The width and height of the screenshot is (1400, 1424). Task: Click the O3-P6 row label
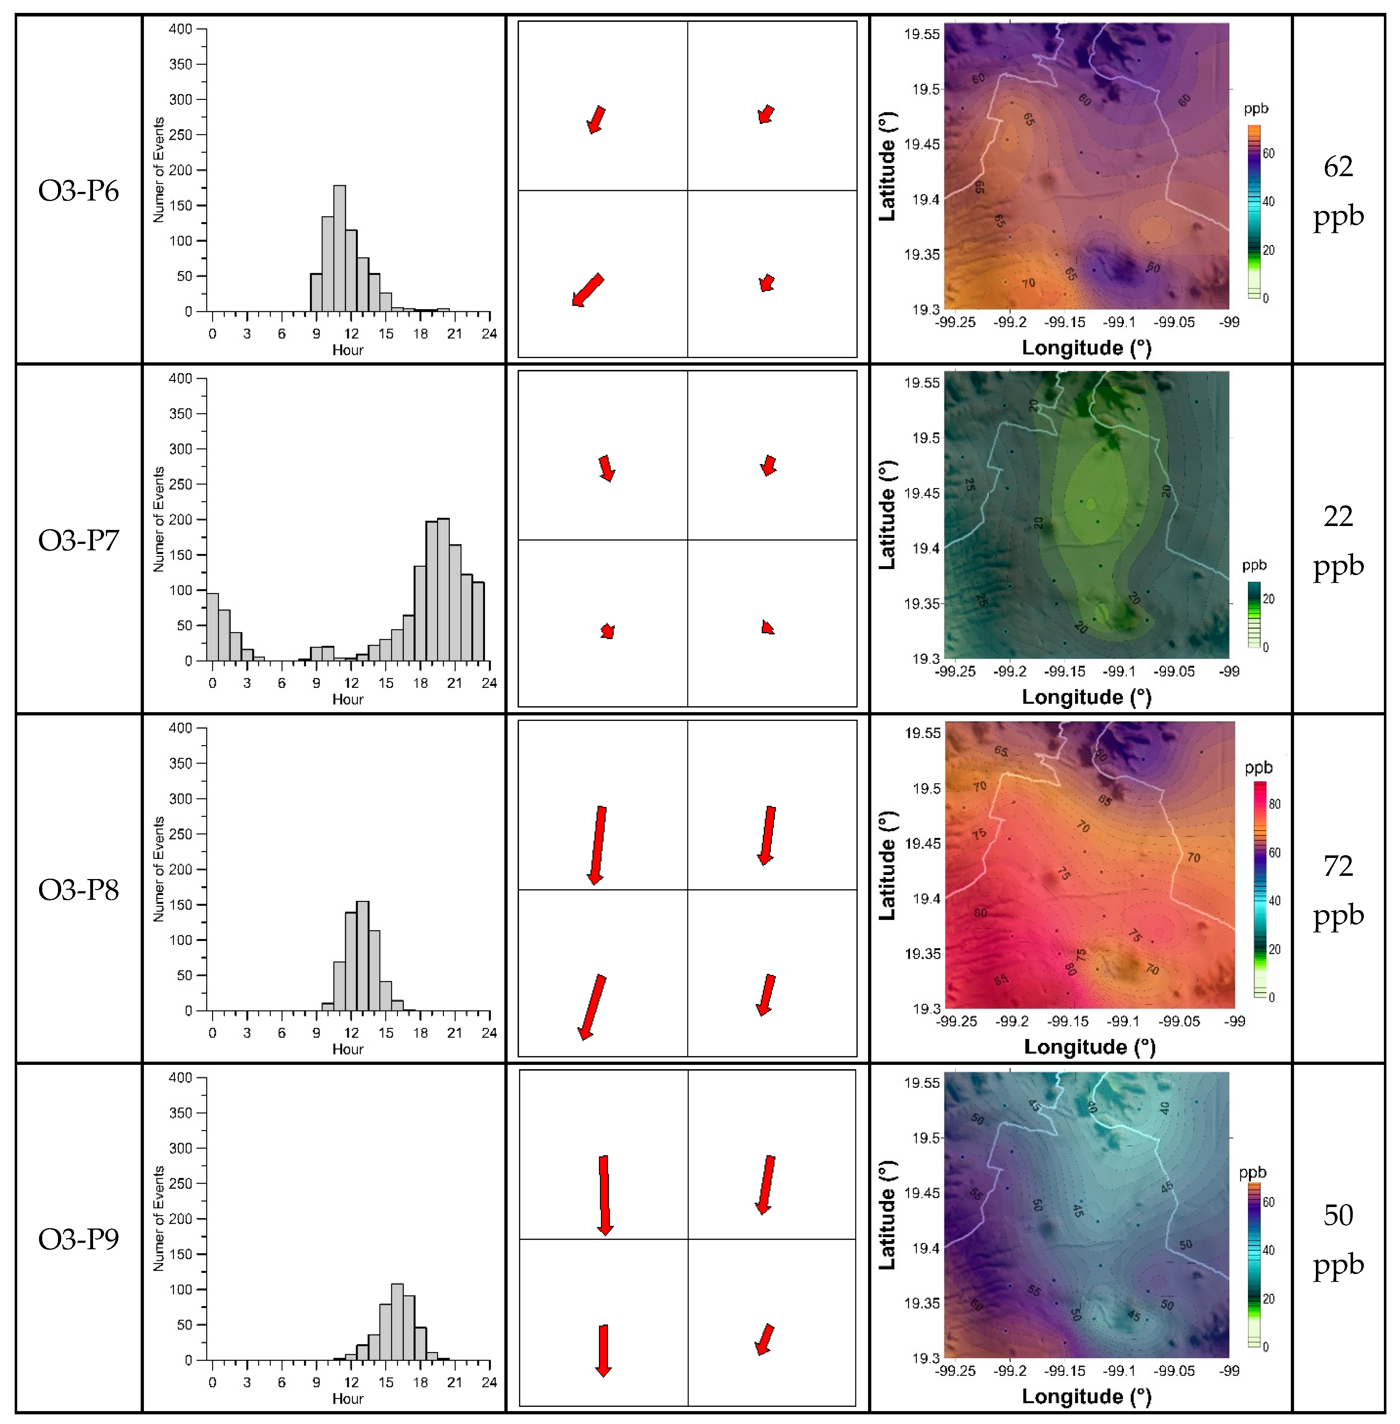pos(78,190)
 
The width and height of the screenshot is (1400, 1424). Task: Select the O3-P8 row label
pos(78,890)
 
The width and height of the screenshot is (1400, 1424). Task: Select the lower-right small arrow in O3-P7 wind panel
pos(767,627)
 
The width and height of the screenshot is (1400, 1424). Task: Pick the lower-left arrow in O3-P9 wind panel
pos(603,1350)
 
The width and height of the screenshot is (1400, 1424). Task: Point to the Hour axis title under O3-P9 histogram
pos(348,1398)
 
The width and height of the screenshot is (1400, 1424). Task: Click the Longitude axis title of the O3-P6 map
pos(1086,348)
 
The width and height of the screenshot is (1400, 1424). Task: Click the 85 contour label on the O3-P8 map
pos(1001,980)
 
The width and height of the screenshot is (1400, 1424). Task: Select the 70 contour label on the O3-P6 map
pos(1028,283)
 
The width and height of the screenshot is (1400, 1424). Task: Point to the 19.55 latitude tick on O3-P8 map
pos(922,733)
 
